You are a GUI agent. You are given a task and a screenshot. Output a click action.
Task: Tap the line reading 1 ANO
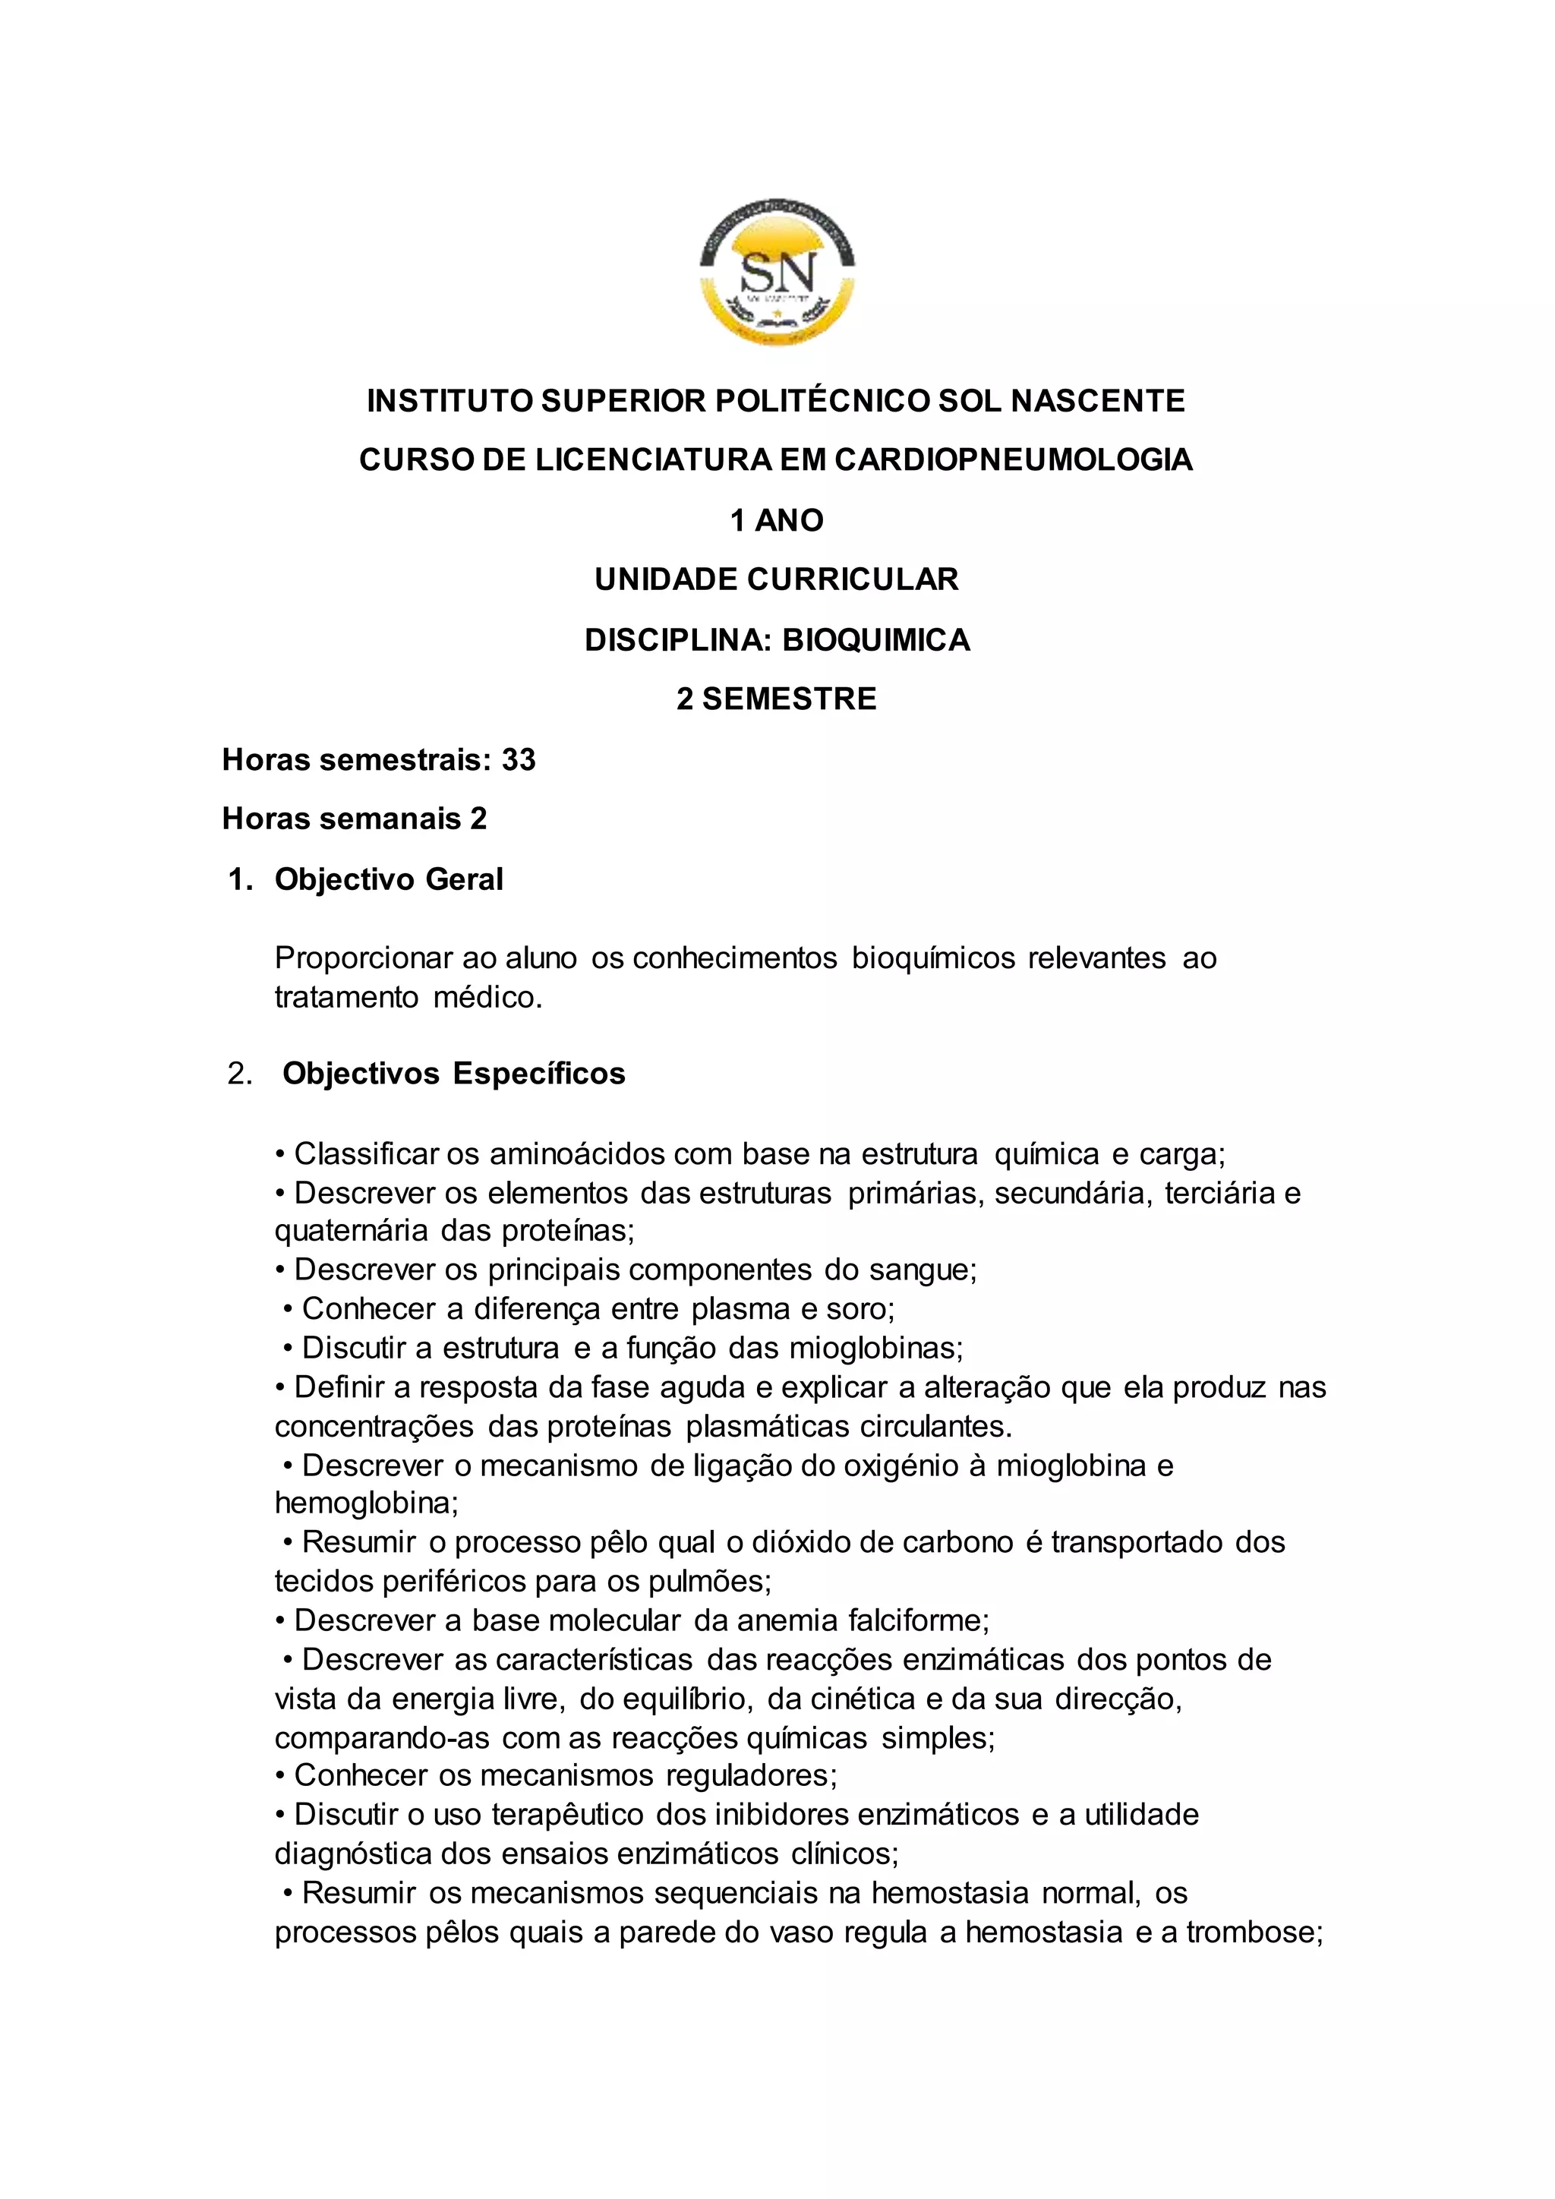777,521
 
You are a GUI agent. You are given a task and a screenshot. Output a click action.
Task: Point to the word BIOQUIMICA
876,640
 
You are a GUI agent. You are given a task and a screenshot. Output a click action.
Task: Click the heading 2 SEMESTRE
777,699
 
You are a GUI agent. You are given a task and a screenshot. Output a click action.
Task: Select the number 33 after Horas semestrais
519,759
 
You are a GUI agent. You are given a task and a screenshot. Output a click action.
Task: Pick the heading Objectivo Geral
389,879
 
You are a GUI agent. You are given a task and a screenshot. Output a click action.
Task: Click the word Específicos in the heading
539,1074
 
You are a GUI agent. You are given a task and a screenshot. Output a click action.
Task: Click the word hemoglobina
364,1503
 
